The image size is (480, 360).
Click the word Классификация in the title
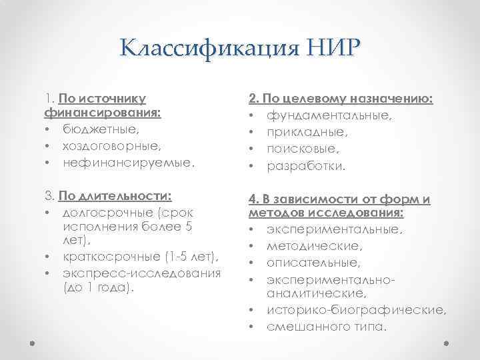point(202,49)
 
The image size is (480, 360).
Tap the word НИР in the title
point(325,49)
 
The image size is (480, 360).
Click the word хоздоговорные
point(106,145)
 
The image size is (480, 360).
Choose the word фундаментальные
point(330,116)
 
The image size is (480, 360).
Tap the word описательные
point(313,262)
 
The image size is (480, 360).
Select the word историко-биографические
point(356,310)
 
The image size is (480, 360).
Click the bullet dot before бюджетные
point(49,129)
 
